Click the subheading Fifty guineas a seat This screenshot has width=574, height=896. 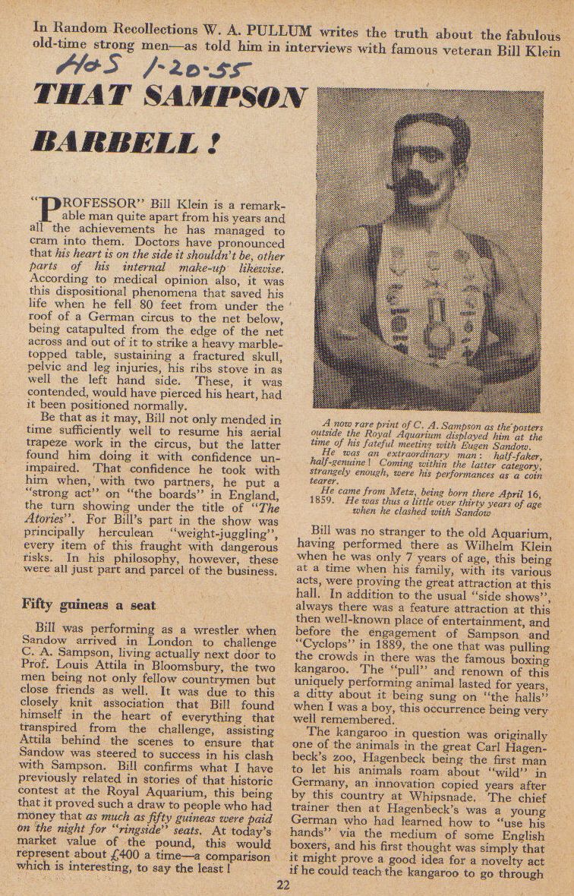pos(89,604)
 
